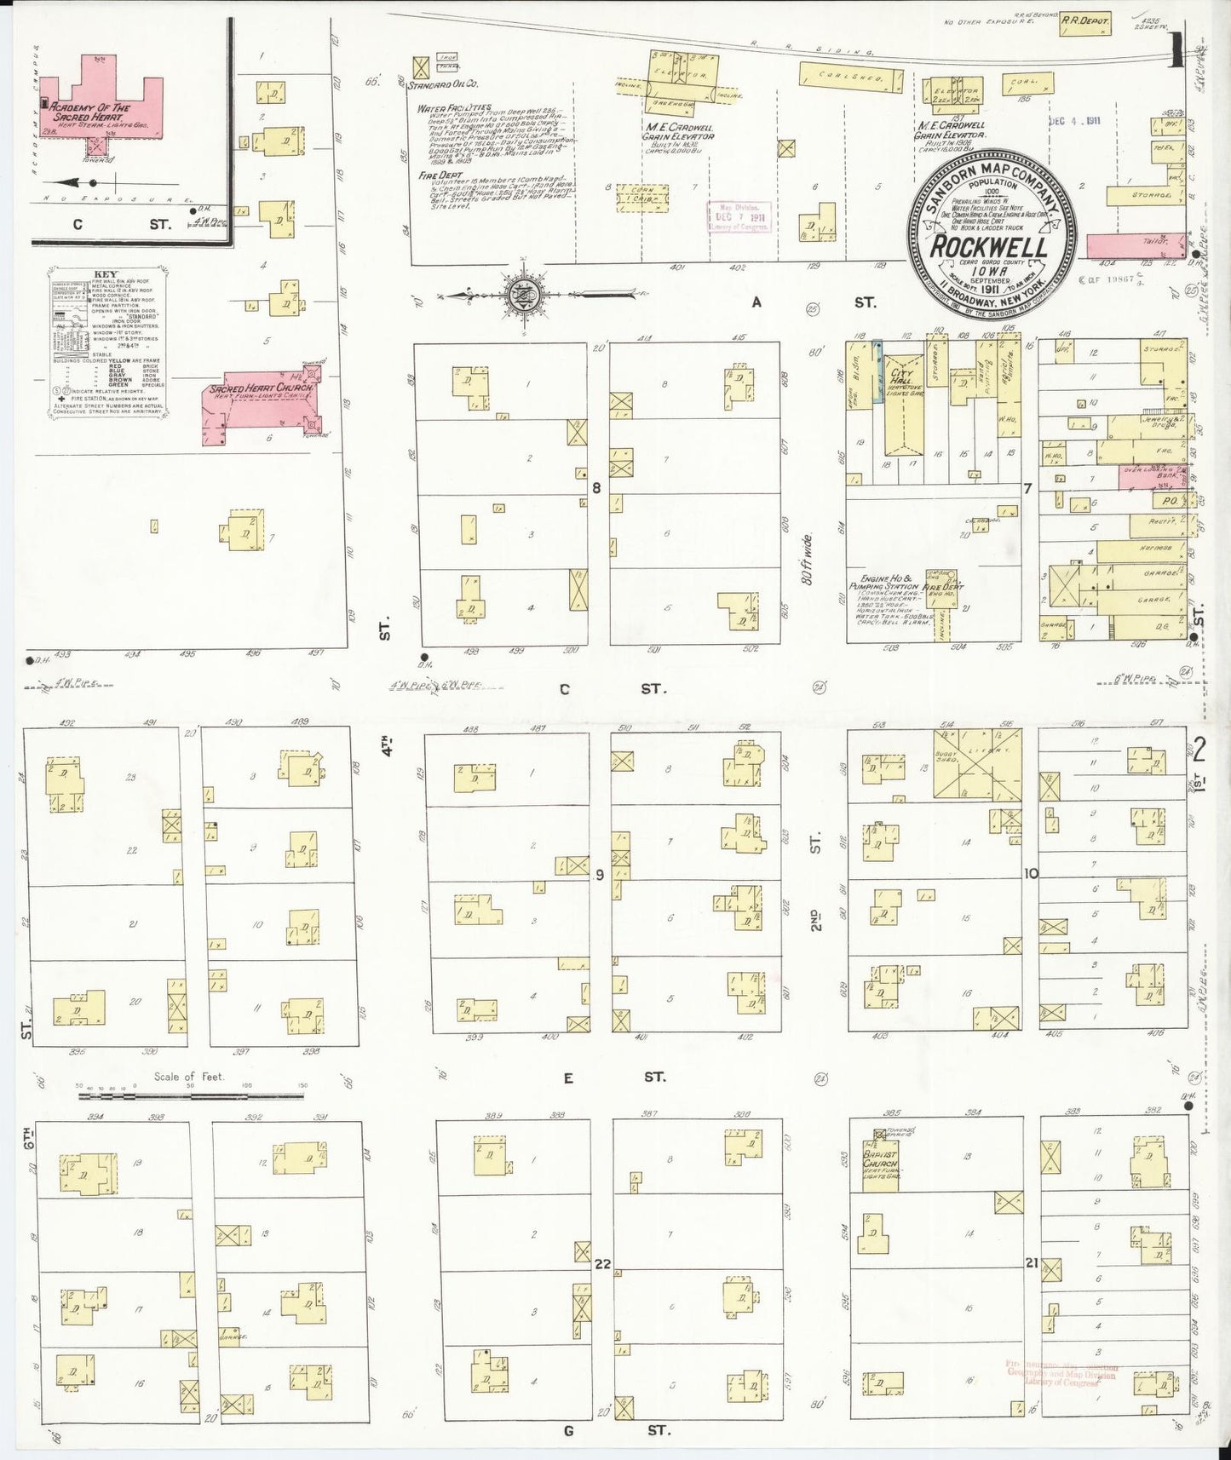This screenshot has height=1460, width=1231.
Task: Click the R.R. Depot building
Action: click(x=1084, y=27)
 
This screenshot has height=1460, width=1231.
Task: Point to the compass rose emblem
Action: click(x=520, y=295)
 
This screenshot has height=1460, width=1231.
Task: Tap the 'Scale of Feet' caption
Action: click(x=189, y=1077)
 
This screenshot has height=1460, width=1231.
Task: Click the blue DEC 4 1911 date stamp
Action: click(x=1075, y=120)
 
